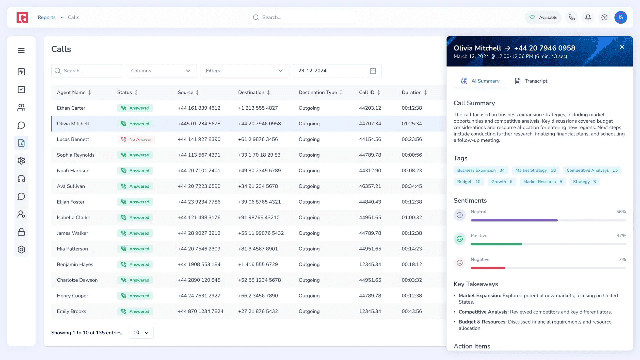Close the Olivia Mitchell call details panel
[622, 47]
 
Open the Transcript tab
[531, 81]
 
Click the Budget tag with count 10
[469, 182]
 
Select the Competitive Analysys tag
[592, 170]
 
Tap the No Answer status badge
[136, 139]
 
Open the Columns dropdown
[161, 71]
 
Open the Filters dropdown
[245, 71]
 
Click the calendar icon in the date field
[373, 71]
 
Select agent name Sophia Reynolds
[76, 155]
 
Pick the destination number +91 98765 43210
[259, 217]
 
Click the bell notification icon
[588, 17]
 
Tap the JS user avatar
[621, 17]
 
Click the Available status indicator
[543, 17]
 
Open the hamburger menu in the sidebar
[21, 50]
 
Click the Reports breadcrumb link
[47, 17]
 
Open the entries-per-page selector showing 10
[141, 333]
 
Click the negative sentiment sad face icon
[460, 263]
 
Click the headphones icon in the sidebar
[21, 179]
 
